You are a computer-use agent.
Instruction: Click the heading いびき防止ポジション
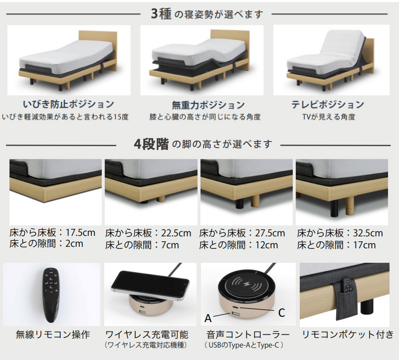pyautogui.click(x=68, y=104)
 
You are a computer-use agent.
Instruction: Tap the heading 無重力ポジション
pyautogui.click(x=208, y=105)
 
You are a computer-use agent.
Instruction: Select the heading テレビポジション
pyautogui.click(x=328, y=105)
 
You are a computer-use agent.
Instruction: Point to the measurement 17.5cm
pyautogui.click(x=80, y=232)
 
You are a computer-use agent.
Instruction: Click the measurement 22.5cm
pyautogui.click(x=176, y=233)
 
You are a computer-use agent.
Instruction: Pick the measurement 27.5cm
pyautogui.click(x=270, y=233)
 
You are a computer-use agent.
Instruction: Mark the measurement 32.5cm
pyautogui.click(x=368, y=233)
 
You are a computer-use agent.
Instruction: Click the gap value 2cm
pyautogui.click(x=74, y=244)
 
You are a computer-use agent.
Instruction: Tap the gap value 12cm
pyautogui.click(x=266, y=245)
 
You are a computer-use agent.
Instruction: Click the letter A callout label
pyautogui.click(x=208, y=318)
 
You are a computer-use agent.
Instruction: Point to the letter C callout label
pyautogui.click(x=281, y=313)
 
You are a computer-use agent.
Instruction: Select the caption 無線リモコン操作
pyautogui.click(x=53, y=335)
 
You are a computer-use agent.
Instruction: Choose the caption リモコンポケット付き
pyautogui.click(x=348, y=335)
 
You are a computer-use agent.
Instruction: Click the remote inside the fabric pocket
pyautogui.click(x=347, y=285)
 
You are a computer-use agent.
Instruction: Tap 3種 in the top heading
pyautogui.click(x=161, y=14)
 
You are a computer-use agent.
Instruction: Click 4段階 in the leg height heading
pyautogui.click(x=152, y=144)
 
